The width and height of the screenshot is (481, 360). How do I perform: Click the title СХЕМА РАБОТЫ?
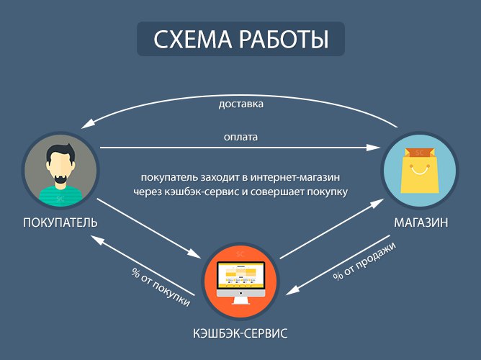[240, 40]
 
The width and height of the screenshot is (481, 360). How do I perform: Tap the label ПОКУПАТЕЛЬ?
[60, 222]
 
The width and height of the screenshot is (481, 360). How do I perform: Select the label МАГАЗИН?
[421, 222]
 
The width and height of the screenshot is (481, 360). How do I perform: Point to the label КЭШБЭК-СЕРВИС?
[240, 333]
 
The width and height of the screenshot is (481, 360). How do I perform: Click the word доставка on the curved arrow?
[240, 104]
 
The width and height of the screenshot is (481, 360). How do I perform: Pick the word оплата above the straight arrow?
[240, 137]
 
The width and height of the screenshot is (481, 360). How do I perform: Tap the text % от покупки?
[161, 287]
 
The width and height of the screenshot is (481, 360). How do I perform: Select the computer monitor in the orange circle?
[240, 279]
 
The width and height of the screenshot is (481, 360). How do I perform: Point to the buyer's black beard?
[60, 179]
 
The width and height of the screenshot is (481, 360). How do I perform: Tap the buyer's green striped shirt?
[60, 196]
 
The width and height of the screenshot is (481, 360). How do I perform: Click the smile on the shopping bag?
[420, 170]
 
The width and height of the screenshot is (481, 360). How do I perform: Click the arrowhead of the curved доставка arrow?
[87, 123]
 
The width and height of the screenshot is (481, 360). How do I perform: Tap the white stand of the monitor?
[240, 300]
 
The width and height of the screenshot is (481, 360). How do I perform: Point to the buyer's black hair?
[60, 153]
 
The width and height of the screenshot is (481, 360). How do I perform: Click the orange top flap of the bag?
[419, 153]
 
